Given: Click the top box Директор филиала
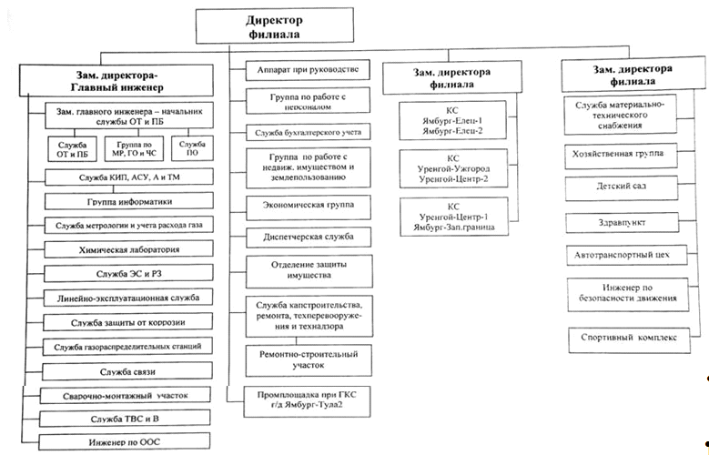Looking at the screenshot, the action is click(x=275, y=25).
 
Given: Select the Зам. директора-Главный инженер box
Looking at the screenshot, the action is click(x=116, y=80).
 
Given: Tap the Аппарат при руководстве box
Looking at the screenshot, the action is click(x=308, y=70).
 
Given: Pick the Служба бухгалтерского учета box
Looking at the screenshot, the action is click(x=308, y=133).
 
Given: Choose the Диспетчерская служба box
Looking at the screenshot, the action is click(x=309, y=238).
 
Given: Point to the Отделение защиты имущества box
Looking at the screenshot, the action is click(x=309, y=271).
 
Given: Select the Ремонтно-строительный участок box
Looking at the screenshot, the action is click(x=309, y=360).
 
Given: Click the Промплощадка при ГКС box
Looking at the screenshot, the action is click(x=307, y=401).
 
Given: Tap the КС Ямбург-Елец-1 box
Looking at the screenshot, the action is click(x=452, y=120).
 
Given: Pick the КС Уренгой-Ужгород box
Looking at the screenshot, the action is click(x=453, y=168).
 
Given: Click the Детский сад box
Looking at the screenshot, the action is click(x=622, y=188).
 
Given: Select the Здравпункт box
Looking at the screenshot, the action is click(x=623, y=223).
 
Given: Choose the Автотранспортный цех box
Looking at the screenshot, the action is click(x=627, y=256).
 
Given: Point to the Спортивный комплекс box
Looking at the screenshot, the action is click(x=630, y=340).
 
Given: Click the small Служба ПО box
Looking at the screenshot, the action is click(x=192, y=148).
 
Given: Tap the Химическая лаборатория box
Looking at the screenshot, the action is click(x=129, y=249).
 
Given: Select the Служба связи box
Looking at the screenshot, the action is click(x=127, y=371).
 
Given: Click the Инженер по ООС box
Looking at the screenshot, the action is click(x=125, y=442).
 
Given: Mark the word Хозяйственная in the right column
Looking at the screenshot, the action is click(x=598, y=154).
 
